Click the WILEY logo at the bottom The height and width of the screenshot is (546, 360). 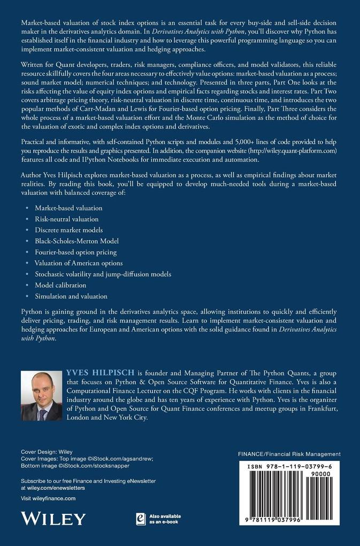pyautogui.click(x=53, y=519)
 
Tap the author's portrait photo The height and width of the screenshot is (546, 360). pyautogui.click(x=41, y=396)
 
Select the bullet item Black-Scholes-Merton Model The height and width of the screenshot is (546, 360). pyautogui.click(x=76, y=241)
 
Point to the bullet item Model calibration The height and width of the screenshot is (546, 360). pyautogui.click(x=61, y=285)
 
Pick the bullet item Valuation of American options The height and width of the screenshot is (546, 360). pyautogui.click(x=79, y=263)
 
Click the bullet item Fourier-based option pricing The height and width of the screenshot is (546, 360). pyautogui.click(x=75, y=252)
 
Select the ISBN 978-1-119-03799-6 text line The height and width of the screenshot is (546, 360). pyautogui.click(x=286, y=467)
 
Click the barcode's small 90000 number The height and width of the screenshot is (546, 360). pyautogui.click(x=330, y=474)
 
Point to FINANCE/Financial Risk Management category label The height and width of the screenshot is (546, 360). pyautogui.click(x=289, y=454)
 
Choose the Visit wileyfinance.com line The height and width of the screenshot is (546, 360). pyautogui.click(x=48, y=498)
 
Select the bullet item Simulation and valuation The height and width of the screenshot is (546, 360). pyautogui.click(x=71, y=296)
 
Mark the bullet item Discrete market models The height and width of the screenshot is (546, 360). pyautogui.click(x=70, y=230)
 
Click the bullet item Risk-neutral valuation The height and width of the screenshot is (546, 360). pyautogui.click(x=67, y=219)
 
